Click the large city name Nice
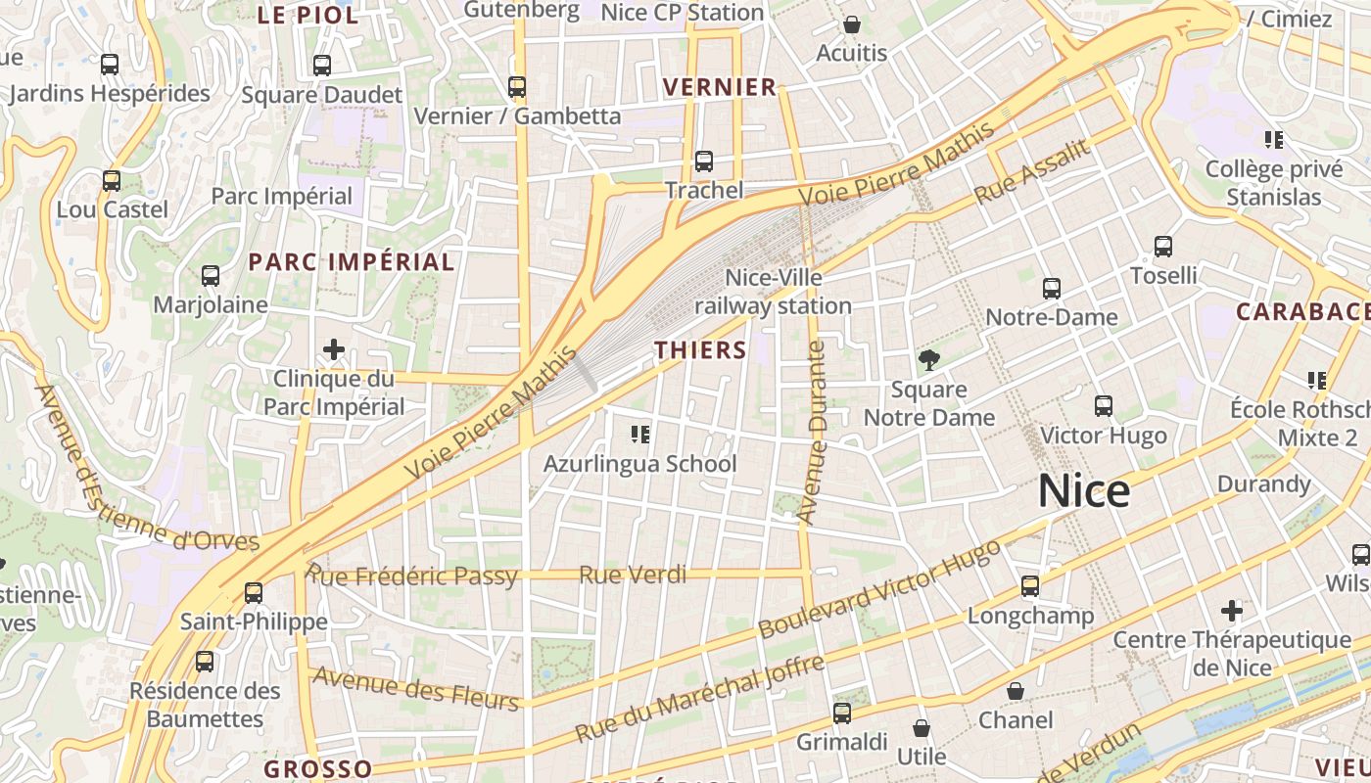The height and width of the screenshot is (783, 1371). tap(1084, 490)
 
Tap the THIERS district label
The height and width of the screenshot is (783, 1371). tap(700, 349)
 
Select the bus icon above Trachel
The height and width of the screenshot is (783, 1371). tap(703, 161)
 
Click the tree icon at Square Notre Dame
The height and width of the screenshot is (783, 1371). tap(928, 360)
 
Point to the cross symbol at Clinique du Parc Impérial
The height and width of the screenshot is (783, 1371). tap(333, 348)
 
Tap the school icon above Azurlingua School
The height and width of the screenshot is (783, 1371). tap(640, 434)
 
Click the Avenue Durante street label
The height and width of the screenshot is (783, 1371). tap(813, 431)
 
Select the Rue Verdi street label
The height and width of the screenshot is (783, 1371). tap(633, 575)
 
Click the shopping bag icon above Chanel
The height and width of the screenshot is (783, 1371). tap(1016, 692)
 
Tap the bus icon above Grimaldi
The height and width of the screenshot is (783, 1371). tap(841, 713)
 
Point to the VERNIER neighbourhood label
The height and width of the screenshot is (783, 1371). tap(720, 87)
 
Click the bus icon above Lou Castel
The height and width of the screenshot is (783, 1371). tap(112, 181)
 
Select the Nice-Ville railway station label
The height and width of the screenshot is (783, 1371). tap(774, 292)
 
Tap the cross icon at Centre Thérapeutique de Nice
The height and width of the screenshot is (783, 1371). tap(1232, 612)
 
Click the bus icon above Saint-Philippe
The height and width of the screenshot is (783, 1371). tap(254, 592)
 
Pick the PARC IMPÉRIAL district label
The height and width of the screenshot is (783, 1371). tap(352, 262)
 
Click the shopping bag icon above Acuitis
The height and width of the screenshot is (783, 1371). tap(851, 24)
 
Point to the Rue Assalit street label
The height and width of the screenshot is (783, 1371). tap(1032, 172)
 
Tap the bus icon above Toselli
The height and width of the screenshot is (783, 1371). tap(1163, 247)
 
